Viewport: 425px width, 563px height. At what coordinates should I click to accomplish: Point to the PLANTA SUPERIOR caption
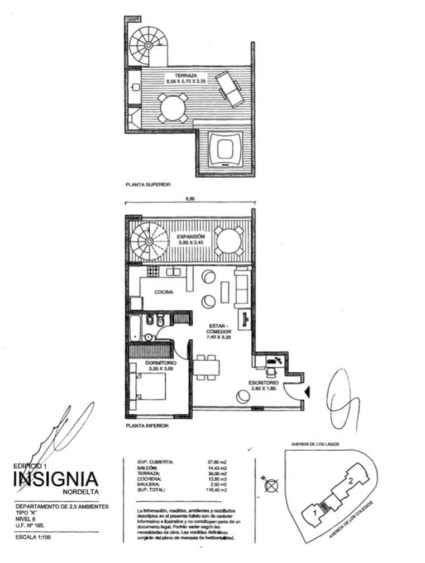[148, 184]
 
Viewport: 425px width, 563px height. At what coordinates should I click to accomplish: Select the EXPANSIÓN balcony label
[192, 236]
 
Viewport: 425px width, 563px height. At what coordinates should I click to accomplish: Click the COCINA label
[164, 292]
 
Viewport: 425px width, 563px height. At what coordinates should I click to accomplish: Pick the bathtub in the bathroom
[135, 328]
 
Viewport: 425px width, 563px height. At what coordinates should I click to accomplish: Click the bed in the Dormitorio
[151, 386]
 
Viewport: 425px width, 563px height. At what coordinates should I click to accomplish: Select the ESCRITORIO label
[263, 383]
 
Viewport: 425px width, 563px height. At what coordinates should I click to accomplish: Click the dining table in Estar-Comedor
[208, 368]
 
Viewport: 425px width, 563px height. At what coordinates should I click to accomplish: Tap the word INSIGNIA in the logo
[56, 480]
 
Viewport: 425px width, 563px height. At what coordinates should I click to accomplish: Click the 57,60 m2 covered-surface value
[217, 462]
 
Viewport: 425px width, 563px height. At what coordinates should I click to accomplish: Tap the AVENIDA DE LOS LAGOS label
[315, 444]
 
